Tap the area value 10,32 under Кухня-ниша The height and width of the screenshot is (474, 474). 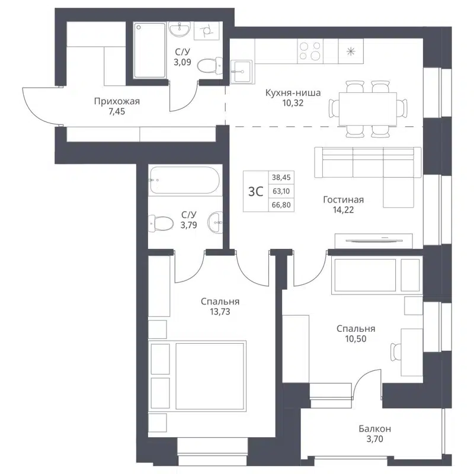click(x=293, y=103)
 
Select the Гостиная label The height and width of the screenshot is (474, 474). click(x=343, y=200)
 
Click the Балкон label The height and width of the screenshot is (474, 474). click(x=374, y=428)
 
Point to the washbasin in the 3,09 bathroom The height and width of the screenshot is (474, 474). click(x=177, y=29)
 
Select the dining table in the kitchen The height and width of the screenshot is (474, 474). click(x=367, y=108)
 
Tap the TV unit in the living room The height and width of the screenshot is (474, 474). click(x=373, y=241)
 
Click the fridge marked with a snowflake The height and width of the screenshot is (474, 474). click(x=351, y=50)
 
